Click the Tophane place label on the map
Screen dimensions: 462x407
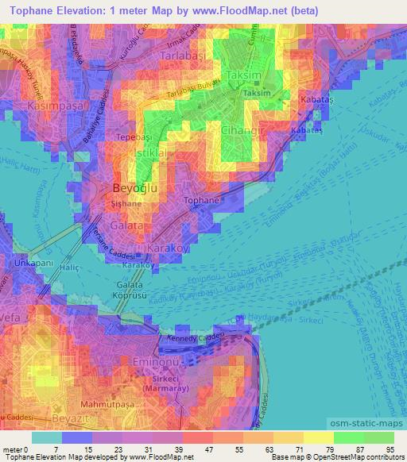click(x=202, y=202)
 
